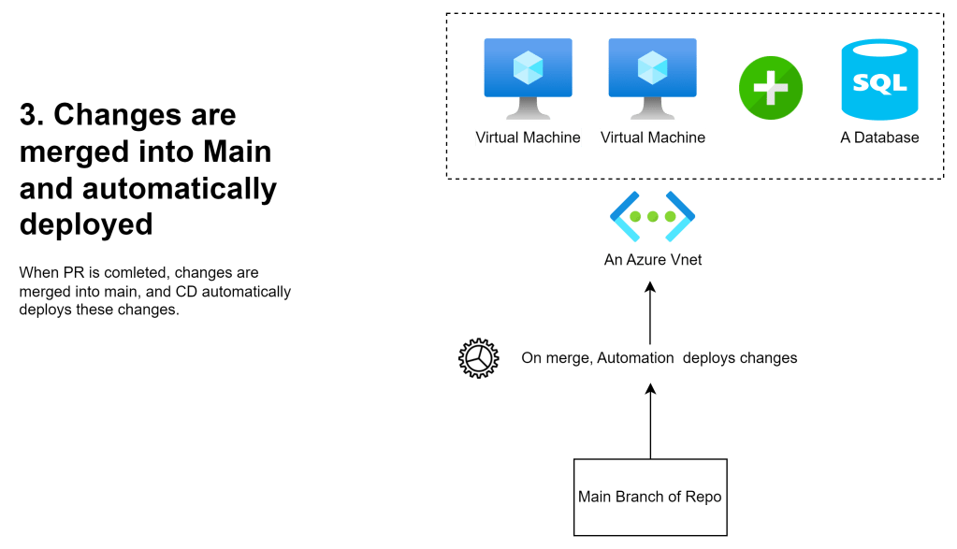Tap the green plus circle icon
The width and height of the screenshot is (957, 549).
(770, 87)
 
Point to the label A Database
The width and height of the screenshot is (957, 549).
(879, 137)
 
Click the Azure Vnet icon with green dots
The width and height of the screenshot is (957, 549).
(652, 217)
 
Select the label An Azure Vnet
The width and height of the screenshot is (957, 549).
(653, 260)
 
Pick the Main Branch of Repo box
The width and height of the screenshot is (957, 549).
(649, 497)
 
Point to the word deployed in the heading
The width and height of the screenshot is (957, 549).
(86, 224)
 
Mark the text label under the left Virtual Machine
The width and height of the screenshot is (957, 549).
(528, 137)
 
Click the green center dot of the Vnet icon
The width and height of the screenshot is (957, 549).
(652, 217)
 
